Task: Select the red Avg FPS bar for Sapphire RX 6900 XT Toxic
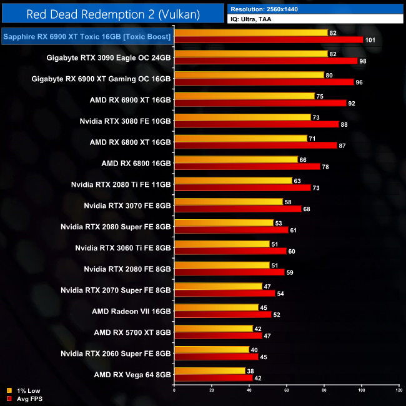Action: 269,39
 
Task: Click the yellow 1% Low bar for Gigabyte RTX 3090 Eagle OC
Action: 250,54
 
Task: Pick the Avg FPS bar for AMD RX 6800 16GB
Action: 247,166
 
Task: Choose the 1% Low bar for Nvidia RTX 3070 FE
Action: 229,202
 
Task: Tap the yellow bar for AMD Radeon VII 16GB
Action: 216,307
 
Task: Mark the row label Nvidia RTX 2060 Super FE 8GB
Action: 116,354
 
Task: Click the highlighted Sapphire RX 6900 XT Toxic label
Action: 87,36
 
